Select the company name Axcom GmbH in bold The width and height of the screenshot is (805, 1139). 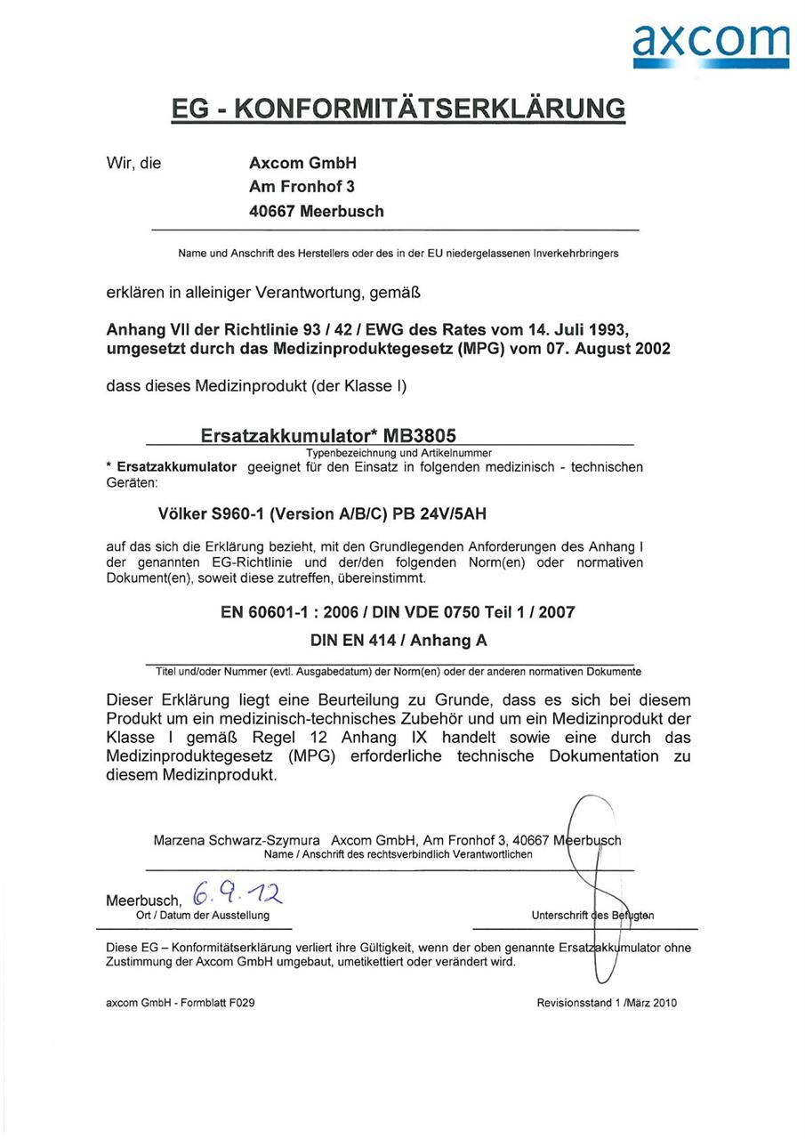point(302,164)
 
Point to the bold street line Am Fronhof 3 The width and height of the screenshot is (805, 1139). point(302,188)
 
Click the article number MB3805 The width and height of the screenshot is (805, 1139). point(419,436)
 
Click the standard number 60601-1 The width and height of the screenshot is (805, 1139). point(284,612)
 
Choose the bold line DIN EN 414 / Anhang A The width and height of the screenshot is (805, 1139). point(398,640)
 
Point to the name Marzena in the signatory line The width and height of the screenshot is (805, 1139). point(181,840)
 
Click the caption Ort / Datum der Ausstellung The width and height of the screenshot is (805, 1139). point(197,915)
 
